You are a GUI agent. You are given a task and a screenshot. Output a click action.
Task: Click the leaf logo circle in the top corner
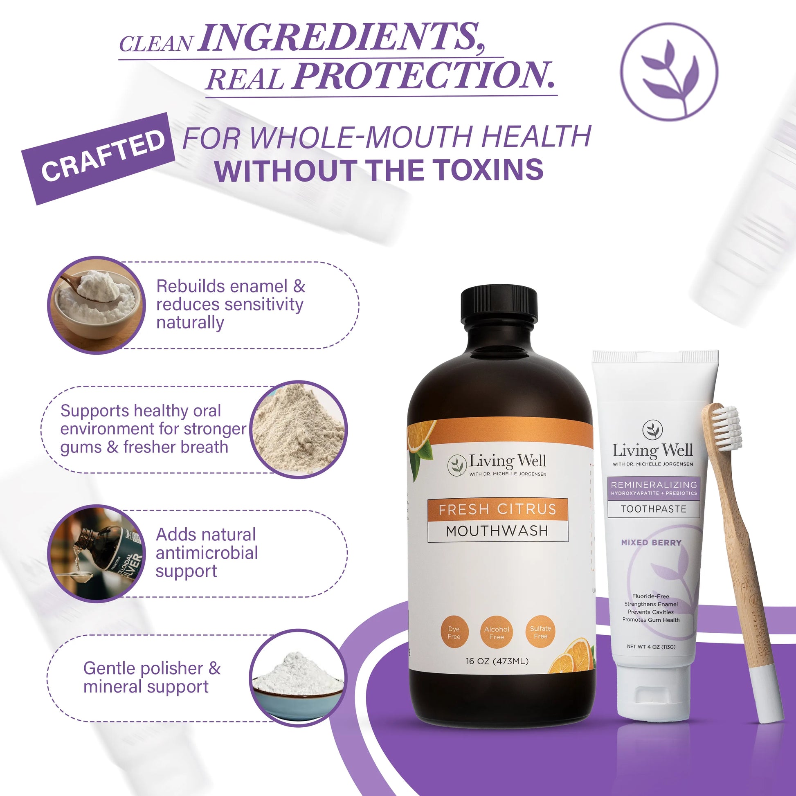[x=669, y=71]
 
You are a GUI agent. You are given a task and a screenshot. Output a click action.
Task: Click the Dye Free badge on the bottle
[x=454, y=633]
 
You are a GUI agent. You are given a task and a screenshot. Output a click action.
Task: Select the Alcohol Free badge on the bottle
[x=497, y=633]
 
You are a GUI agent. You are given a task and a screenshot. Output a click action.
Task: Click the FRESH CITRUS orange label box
[x=497, y=510]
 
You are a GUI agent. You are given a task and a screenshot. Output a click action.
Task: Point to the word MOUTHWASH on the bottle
[x=497, y=531]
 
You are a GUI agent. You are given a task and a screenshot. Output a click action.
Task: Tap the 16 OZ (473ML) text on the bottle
[x=497, y=661]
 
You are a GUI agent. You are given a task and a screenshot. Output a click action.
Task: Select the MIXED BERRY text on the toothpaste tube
[x=651, y=543]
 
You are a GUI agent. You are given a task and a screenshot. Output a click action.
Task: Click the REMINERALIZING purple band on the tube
[x=654, y=488]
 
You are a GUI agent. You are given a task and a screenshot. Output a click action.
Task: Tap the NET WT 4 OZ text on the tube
[x=651, y=646]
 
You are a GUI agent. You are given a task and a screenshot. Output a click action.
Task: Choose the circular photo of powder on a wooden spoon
[x=97, y=305]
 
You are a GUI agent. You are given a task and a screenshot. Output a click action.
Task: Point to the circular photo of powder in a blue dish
[x=298, y=678]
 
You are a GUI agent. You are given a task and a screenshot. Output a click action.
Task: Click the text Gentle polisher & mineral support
[x=152, y=677]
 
